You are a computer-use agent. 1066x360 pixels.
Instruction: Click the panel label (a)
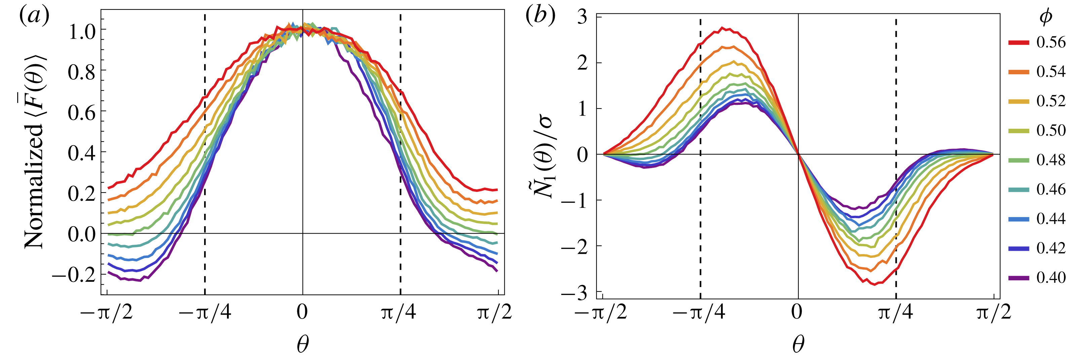tap(34, 16)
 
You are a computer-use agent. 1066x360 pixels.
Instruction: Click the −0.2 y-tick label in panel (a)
tap(74, 274)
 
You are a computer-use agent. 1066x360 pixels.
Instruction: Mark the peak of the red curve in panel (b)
tap(722, 28)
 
